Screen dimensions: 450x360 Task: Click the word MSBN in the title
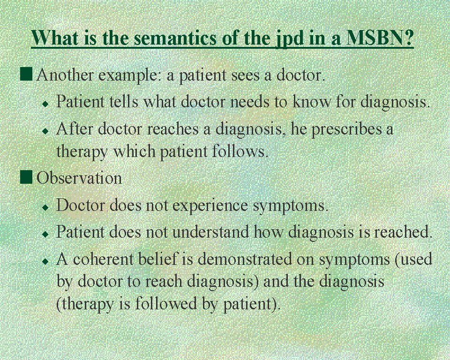pos(380,37)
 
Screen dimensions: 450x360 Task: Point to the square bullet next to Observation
pos(26,177)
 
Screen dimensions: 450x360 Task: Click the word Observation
pos(79,178)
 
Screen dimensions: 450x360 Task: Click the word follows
pos(240,151)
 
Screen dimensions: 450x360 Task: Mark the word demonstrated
pos(245,259)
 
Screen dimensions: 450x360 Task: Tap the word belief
pos(158,259)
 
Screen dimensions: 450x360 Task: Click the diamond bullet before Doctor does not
pos(45,207)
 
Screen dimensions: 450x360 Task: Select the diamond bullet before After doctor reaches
pos(45,131)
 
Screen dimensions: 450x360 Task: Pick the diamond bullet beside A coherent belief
pos(45,261)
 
